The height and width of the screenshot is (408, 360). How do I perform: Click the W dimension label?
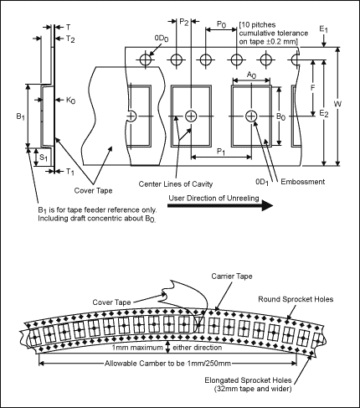pyautogui.click(x=337, y=104)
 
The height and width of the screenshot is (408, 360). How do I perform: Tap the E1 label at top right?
pyautogui.click(x=324, y=29)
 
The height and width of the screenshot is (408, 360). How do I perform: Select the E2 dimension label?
pyautogui.click(x=324, y=113)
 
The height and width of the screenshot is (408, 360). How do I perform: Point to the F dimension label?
pyautogui.click(x=312, y=88)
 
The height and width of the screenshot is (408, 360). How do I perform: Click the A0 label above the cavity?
pyautogui.click(x=252, y=75)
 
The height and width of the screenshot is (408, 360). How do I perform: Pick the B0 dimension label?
pyautogui.click(x=280, y=116)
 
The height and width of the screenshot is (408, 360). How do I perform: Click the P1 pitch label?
pyautogui.click(x=221, y=152)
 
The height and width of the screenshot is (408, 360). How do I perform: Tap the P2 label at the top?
pyautogui.click(x=184, y=22)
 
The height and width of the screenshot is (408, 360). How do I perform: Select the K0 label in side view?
pyautogui.click(x=70, y=101)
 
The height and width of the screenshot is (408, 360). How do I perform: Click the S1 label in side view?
pyautogui.click(x=44, y=158)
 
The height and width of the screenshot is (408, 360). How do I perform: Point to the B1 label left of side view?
pyautogui.click(x=20, y=116)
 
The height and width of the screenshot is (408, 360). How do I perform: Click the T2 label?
pyautogui.click(x=70, y=39)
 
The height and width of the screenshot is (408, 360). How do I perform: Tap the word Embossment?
pyautogui.click(x=303, y=182)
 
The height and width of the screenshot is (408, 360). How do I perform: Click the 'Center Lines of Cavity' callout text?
pyautogui.click(x=176, y=184)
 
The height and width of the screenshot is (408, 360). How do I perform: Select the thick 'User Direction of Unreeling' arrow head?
pyautogui.click(x=267, y=206)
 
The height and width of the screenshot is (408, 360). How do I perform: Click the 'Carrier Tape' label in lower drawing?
pyautogui.click(x=232, y=276)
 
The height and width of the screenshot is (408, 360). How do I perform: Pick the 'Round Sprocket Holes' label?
pyautogui.click(x=296, y=299)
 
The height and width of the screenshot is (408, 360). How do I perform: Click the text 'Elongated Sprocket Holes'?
pyautogui.click(x=248, y=380)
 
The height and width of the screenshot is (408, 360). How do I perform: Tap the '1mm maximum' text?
pyautogui.click(x=137, y=348)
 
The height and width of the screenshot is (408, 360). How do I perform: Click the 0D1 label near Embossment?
pyautogui.click(x=262, y=182)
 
